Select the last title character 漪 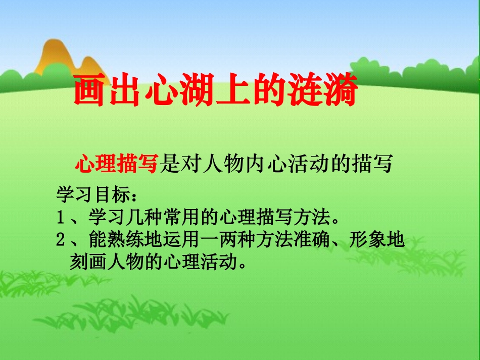coord(340,91)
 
